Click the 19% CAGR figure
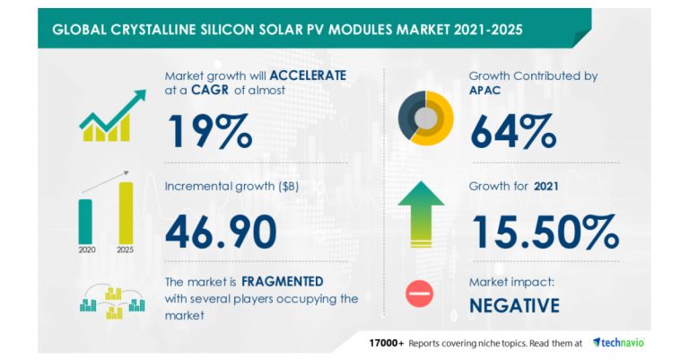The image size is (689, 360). click(x=208, y=131)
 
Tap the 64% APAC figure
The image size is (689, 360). click(x=513, y=131)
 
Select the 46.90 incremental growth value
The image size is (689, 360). click(x=221, y=231)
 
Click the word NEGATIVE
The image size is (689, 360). click(x=515, y=305)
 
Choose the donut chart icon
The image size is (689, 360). click(x=425, y=118)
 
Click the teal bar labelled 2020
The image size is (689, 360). click(x=85, y=220)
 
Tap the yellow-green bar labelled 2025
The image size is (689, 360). click(x=126, y=214)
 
